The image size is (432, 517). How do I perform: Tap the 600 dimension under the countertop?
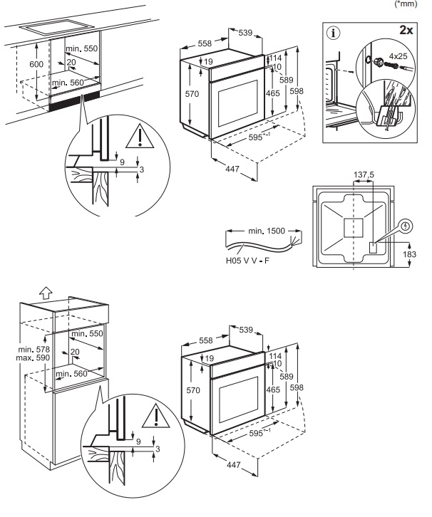tap(36, 65)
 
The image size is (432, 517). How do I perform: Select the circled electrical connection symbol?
tap(406, 226)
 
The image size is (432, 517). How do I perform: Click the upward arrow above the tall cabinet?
tap(46, 291)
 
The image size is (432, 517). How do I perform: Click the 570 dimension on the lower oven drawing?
tap(192, 390)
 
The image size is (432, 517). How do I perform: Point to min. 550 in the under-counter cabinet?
tap(81, 48)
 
